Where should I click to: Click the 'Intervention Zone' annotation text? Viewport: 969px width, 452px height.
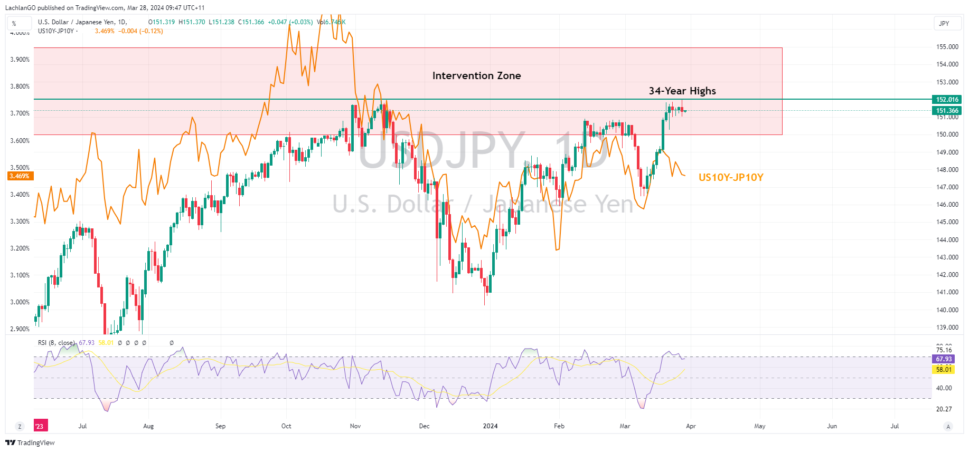pos(476,76)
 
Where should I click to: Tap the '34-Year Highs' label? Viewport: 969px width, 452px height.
pos(682,91)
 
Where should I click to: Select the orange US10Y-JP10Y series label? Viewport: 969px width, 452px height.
pos(731,178)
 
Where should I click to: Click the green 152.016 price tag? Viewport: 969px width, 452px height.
pos(947,100)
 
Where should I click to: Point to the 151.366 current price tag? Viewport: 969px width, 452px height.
pos(947,111)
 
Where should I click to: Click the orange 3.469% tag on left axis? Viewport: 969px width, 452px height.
pos(20,176)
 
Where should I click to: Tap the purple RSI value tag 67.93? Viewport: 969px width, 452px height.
pos(944,359)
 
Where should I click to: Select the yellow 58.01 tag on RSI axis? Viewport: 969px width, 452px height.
pos(944,370)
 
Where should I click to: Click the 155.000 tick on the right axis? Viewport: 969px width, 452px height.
pos(947,47)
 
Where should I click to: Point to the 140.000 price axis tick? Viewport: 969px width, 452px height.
pos(947,310)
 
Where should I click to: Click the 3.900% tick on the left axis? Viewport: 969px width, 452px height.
pos(20,60)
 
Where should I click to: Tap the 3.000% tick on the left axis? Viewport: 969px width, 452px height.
pos(20,302)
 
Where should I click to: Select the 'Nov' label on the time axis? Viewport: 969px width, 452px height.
pos(355,426)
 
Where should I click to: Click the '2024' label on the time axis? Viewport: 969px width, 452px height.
pos(490,426)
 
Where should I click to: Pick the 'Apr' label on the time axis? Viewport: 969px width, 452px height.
pos(691,426)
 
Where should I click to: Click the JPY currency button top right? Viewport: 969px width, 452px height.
pos(944,24)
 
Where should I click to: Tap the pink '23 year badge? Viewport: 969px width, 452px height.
pos(40,426)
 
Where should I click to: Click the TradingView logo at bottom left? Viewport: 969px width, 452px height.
pos(30,443)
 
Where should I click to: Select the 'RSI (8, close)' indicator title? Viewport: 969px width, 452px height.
pos(56,343)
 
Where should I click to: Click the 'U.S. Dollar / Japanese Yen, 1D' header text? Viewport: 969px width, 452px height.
pos(82,22)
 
